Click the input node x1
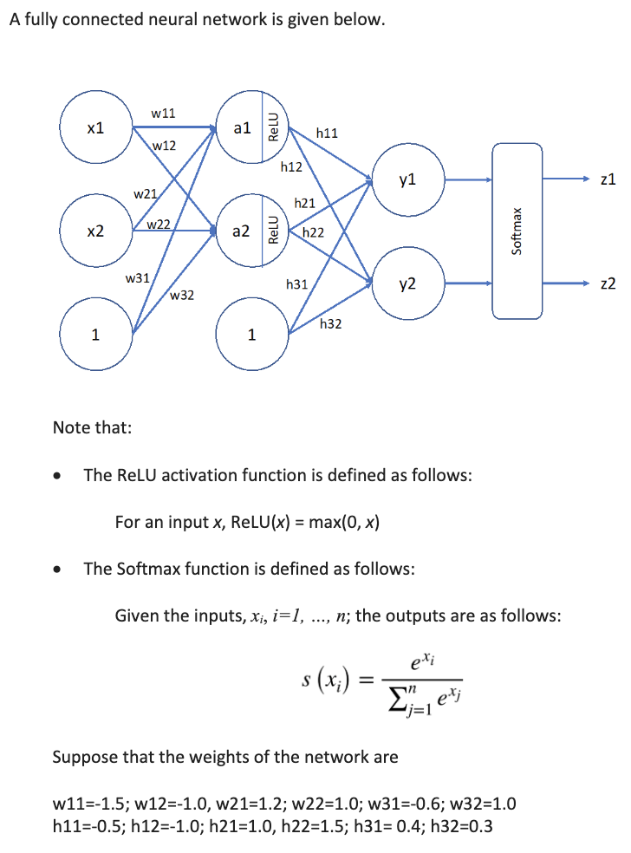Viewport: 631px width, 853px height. click(96, 129)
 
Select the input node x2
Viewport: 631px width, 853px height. click(96, 231)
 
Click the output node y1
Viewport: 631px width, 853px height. click(408, 180)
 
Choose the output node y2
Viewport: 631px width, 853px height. click(408, 283)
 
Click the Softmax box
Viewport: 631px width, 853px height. click(517, 231)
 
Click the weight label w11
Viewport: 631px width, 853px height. click(163, 113)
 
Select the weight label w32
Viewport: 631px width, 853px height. click(182, 296)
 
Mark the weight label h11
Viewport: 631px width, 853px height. click(328, 133)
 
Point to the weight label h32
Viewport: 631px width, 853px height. click(330, 324)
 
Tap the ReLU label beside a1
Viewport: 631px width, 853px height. click(274, 128)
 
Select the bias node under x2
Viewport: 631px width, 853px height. click(96, 334)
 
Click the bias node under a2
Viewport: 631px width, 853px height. click(251, 334)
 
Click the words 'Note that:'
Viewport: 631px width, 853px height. click(93, 427)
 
